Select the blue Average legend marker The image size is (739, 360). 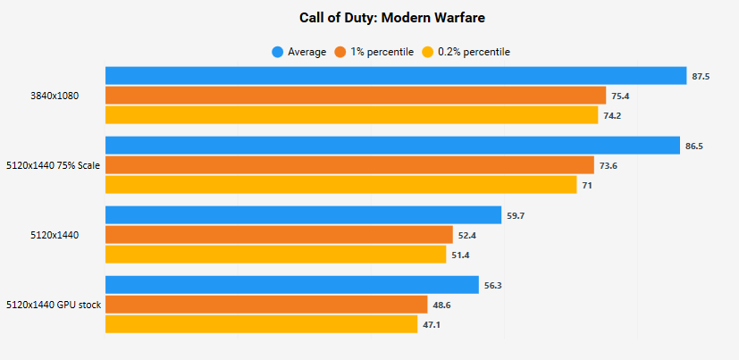pyautogui.click(x=278, y=52)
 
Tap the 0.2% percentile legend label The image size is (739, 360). pyautogui.click(x=474, y=52)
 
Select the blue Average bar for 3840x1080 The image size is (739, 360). pyautogui.click(x=395, y=76)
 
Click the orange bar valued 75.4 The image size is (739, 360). pyautogui.click(x=356, y=96)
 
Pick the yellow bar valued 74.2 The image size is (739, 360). pyautogui.click(x=351, y=115)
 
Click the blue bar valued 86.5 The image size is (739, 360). pyautogui.click(x=392, y=145)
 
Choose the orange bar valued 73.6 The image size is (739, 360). pyautogui.click(x=349, y=164)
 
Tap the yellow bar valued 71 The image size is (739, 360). pyautogui.click(x=340, y=184)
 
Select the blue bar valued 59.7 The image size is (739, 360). pyautogui.click(x=303, y=214)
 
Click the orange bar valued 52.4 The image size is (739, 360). pyautogui.click(x=279, y=234)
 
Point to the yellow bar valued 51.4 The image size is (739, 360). pyautogui.click(x=275, y=255)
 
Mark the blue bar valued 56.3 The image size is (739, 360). pyautogui.click(x=292, y=284)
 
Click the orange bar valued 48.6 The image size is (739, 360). pyautogui.click(x=266, y=305)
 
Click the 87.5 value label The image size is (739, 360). pyautogui.click(x=701, y=77)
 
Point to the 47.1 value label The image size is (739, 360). pyautogui.click(x=432, y=324)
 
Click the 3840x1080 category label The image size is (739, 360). pyautogui.click(x=55, y=96)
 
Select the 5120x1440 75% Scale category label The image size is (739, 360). pyautogui.click(x=53, y=165)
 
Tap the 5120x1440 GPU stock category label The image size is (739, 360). pyautogui.click(x=53, y=305)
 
